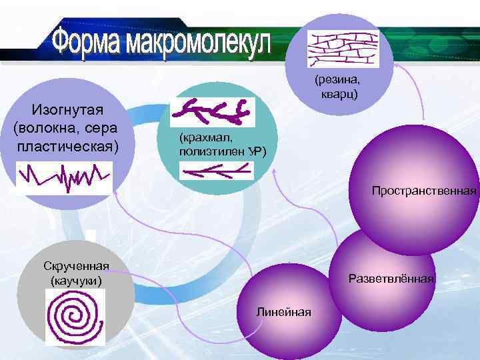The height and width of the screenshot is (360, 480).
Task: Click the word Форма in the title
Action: pos(87,42)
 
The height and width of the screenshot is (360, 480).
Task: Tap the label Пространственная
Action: pos(425,191)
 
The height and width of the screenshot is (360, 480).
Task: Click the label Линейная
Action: pos(282,312)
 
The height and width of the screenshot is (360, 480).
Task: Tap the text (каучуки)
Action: pos(77,281)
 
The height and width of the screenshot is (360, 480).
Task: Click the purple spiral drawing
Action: pos(74,319)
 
